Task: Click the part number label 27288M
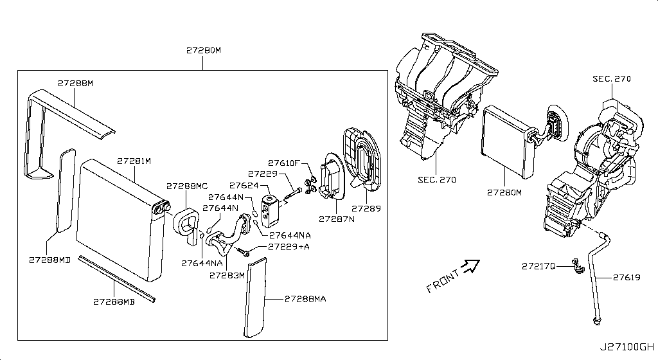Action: point(75,83)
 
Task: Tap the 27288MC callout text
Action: point(187,186)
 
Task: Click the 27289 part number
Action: point(366,208)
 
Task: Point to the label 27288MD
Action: point(49,260)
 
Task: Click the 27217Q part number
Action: point(538,265)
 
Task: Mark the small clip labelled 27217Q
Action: point(575,264)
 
